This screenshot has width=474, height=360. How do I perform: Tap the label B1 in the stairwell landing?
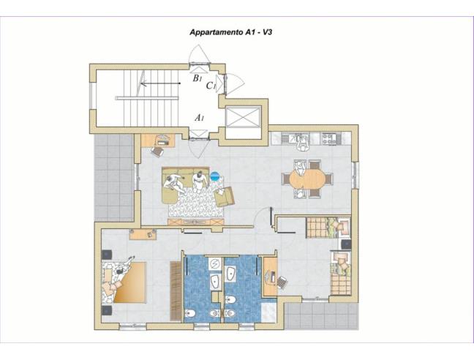coord(197,78)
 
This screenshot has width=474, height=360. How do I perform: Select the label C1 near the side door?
coord(211,86)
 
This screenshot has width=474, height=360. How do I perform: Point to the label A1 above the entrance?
coord(199,117)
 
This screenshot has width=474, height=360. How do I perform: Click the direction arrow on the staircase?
coord(161,83)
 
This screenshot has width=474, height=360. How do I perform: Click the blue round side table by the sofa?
coord(215,176)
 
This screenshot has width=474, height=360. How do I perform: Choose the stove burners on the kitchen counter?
coord(328,137)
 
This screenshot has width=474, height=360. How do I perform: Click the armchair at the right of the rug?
coord(224,196)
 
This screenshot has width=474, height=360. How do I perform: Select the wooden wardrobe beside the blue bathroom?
coord(176,289)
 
